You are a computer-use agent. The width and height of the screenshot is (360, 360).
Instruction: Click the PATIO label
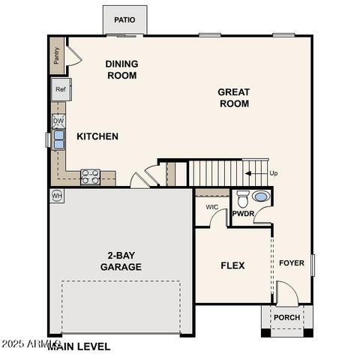(125, 20)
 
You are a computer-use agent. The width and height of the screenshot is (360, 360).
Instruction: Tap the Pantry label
(57, 55)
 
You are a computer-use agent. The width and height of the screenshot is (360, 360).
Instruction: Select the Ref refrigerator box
(61, 89)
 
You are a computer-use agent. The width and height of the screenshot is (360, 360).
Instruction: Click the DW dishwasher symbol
(58, 120)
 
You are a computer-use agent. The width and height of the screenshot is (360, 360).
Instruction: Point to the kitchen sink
(58, 139)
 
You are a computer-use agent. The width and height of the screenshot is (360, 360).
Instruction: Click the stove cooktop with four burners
(91, 177)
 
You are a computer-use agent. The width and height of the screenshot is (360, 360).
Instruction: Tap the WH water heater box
(57, 195)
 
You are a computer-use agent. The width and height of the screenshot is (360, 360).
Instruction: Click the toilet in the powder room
(242, 199)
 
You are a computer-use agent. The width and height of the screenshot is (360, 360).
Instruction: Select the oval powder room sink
(260, 197)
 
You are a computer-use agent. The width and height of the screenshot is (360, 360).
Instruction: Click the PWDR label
(244, 214)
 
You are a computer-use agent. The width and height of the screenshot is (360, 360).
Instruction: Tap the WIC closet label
(212, 207)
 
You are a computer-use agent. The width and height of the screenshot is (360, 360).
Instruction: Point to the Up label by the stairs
(274, 173)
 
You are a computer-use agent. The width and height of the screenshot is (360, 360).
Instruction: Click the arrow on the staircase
(256, 173)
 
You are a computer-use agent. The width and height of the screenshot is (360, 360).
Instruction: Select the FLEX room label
(232, 265)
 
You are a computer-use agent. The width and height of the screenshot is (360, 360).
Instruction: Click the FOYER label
(292, 263)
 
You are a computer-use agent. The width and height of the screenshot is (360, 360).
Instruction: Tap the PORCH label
(286, 317)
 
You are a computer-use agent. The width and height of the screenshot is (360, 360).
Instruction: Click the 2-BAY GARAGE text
(121, 260)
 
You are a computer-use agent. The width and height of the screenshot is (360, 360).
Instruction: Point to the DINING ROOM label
(121, 70)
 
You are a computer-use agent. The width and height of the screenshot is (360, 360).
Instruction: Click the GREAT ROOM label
(234, 97)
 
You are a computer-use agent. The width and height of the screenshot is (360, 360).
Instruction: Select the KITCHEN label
(97, 136)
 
